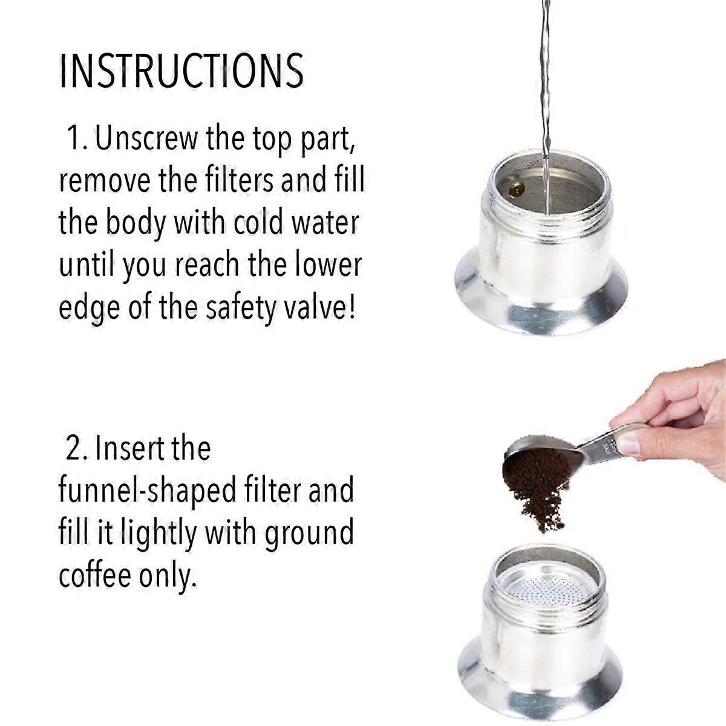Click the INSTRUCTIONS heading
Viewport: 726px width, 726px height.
tap(181, 71)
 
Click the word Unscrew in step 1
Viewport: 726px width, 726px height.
tap(146, 139)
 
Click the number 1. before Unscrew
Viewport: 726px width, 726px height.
tap(77, 139)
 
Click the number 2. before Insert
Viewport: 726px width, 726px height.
tap(78, 448)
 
